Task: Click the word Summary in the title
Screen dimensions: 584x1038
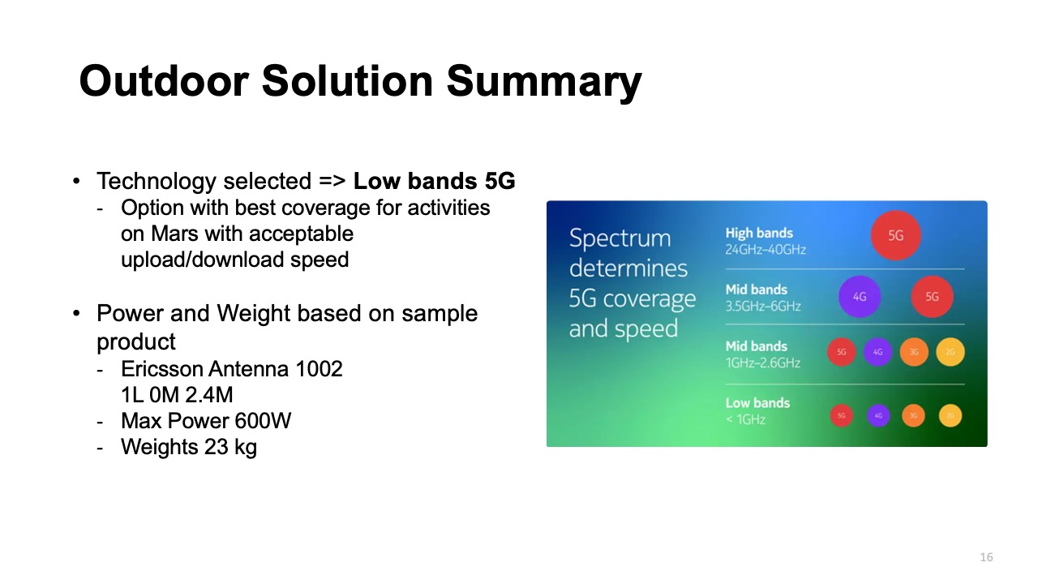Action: point(544,82)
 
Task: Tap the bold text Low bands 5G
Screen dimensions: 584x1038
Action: point(434,181)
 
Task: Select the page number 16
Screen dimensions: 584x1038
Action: point(986,557)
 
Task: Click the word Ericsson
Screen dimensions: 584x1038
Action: point(161,369)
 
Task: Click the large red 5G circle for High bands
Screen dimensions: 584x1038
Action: point(895,236)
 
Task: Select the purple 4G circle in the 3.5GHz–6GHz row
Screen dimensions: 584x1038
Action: point(860,297)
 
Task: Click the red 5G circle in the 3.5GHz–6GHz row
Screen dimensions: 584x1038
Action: point(932,297)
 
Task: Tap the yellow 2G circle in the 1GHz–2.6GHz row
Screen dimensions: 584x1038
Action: point(950,352)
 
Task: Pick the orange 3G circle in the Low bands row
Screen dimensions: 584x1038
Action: point(913,416)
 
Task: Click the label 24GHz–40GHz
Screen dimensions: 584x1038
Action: point(765,250)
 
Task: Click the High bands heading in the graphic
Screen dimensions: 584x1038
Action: point(758,233)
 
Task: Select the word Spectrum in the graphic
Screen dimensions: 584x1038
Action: point(620,238)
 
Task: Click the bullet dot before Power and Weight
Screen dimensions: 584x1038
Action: point(77,314)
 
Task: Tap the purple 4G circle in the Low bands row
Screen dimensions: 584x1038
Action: point(877,416)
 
